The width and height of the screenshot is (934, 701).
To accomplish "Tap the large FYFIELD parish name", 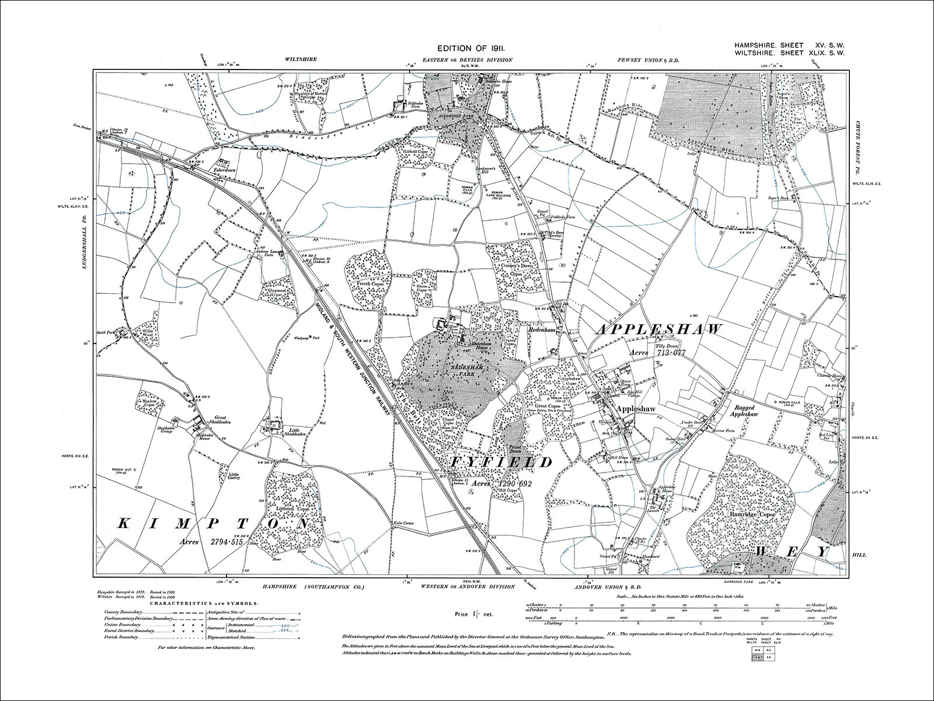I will coord(501,463).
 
